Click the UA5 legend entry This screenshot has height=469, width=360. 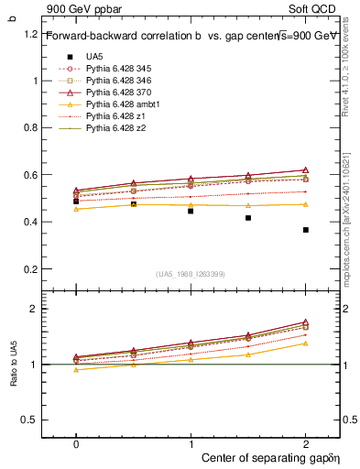point(93,57)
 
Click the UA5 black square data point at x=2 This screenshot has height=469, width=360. point(306,230)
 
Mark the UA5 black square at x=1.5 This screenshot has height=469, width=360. point(248,218)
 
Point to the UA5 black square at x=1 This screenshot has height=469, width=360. point(191,211)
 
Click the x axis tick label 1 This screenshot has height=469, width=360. point(191,443)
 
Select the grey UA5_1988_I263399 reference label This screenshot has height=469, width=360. point(191,274)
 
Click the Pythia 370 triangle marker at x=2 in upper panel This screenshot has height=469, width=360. point(306,170)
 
